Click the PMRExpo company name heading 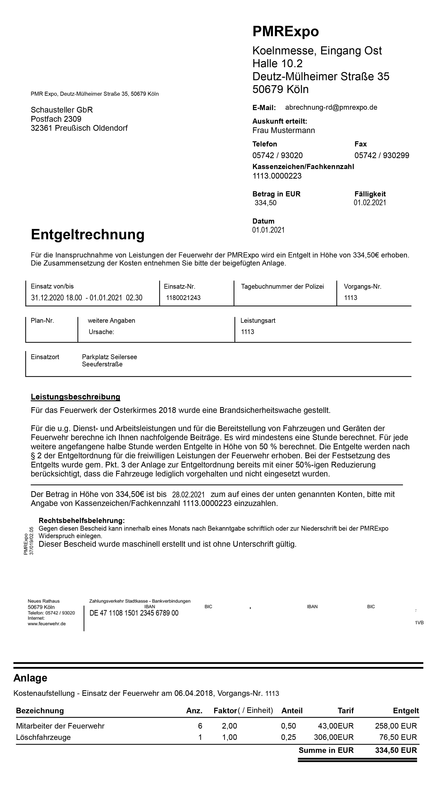[285, 32]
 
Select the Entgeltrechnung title [88, 234]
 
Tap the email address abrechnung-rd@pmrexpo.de [331, 107]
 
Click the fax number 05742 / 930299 [381, 155]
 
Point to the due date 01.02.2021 [370, 203]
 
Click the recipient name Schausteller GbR [62, 110]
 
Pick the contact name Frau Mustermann [283, 131]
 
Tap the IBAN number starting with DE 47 [134, 613]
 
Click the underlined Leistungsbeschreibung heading [76, 397]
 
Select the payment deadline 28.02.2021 [188, 495]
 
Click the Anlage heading [30, 678]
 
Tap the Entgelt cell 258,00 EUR [396, 726]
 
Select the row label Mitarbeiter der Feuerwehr [60, 726]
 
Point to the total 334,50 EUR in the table [396, 750]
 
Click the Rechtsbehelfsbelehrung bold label [82, 521]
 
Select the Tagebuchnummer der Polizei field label [282, 287]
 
